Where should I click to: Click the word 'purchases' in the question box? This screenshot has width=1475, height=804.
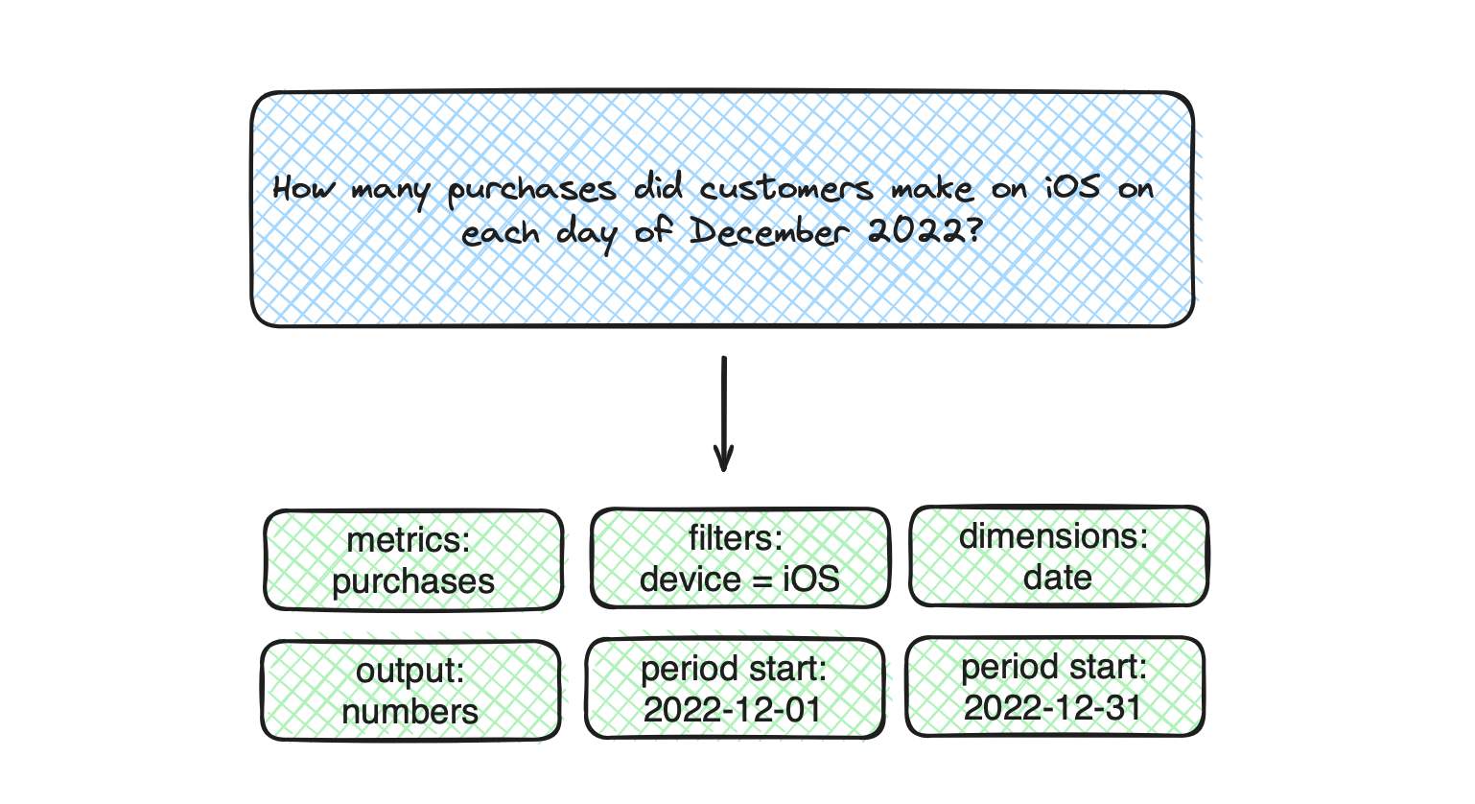531,192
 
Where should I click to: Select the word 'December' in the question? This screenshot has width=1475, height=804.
769,232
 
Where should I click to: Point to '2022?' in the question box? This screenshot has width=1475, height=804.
925,231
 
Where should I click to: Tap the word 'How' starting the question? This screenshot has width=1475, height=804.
304,188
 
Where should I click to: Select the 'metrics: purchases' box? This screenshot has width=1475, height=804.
413,560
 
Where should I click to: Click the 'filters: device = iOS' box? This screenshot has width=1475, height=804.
740,558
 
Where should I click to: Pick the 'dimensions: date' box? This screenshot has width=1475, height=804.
1059,556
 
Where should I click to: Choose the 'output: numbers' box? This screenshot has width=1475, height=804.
410,691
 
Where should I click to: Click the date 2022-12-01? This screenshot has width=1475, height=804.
733,710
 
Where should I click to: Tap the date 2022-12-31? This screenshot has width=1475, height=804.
1053,708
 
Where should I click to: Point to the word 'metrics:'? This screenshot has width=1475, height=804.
409,540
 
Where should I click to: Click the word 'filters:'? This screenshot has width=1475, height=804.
736,538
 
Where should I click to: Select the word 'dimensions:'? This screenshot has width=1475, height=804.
1054,535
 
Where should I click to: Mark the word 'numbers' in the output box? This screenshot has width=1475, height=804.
410,713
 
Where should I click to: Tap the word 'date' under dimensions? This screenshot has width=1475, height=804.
1058,578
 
